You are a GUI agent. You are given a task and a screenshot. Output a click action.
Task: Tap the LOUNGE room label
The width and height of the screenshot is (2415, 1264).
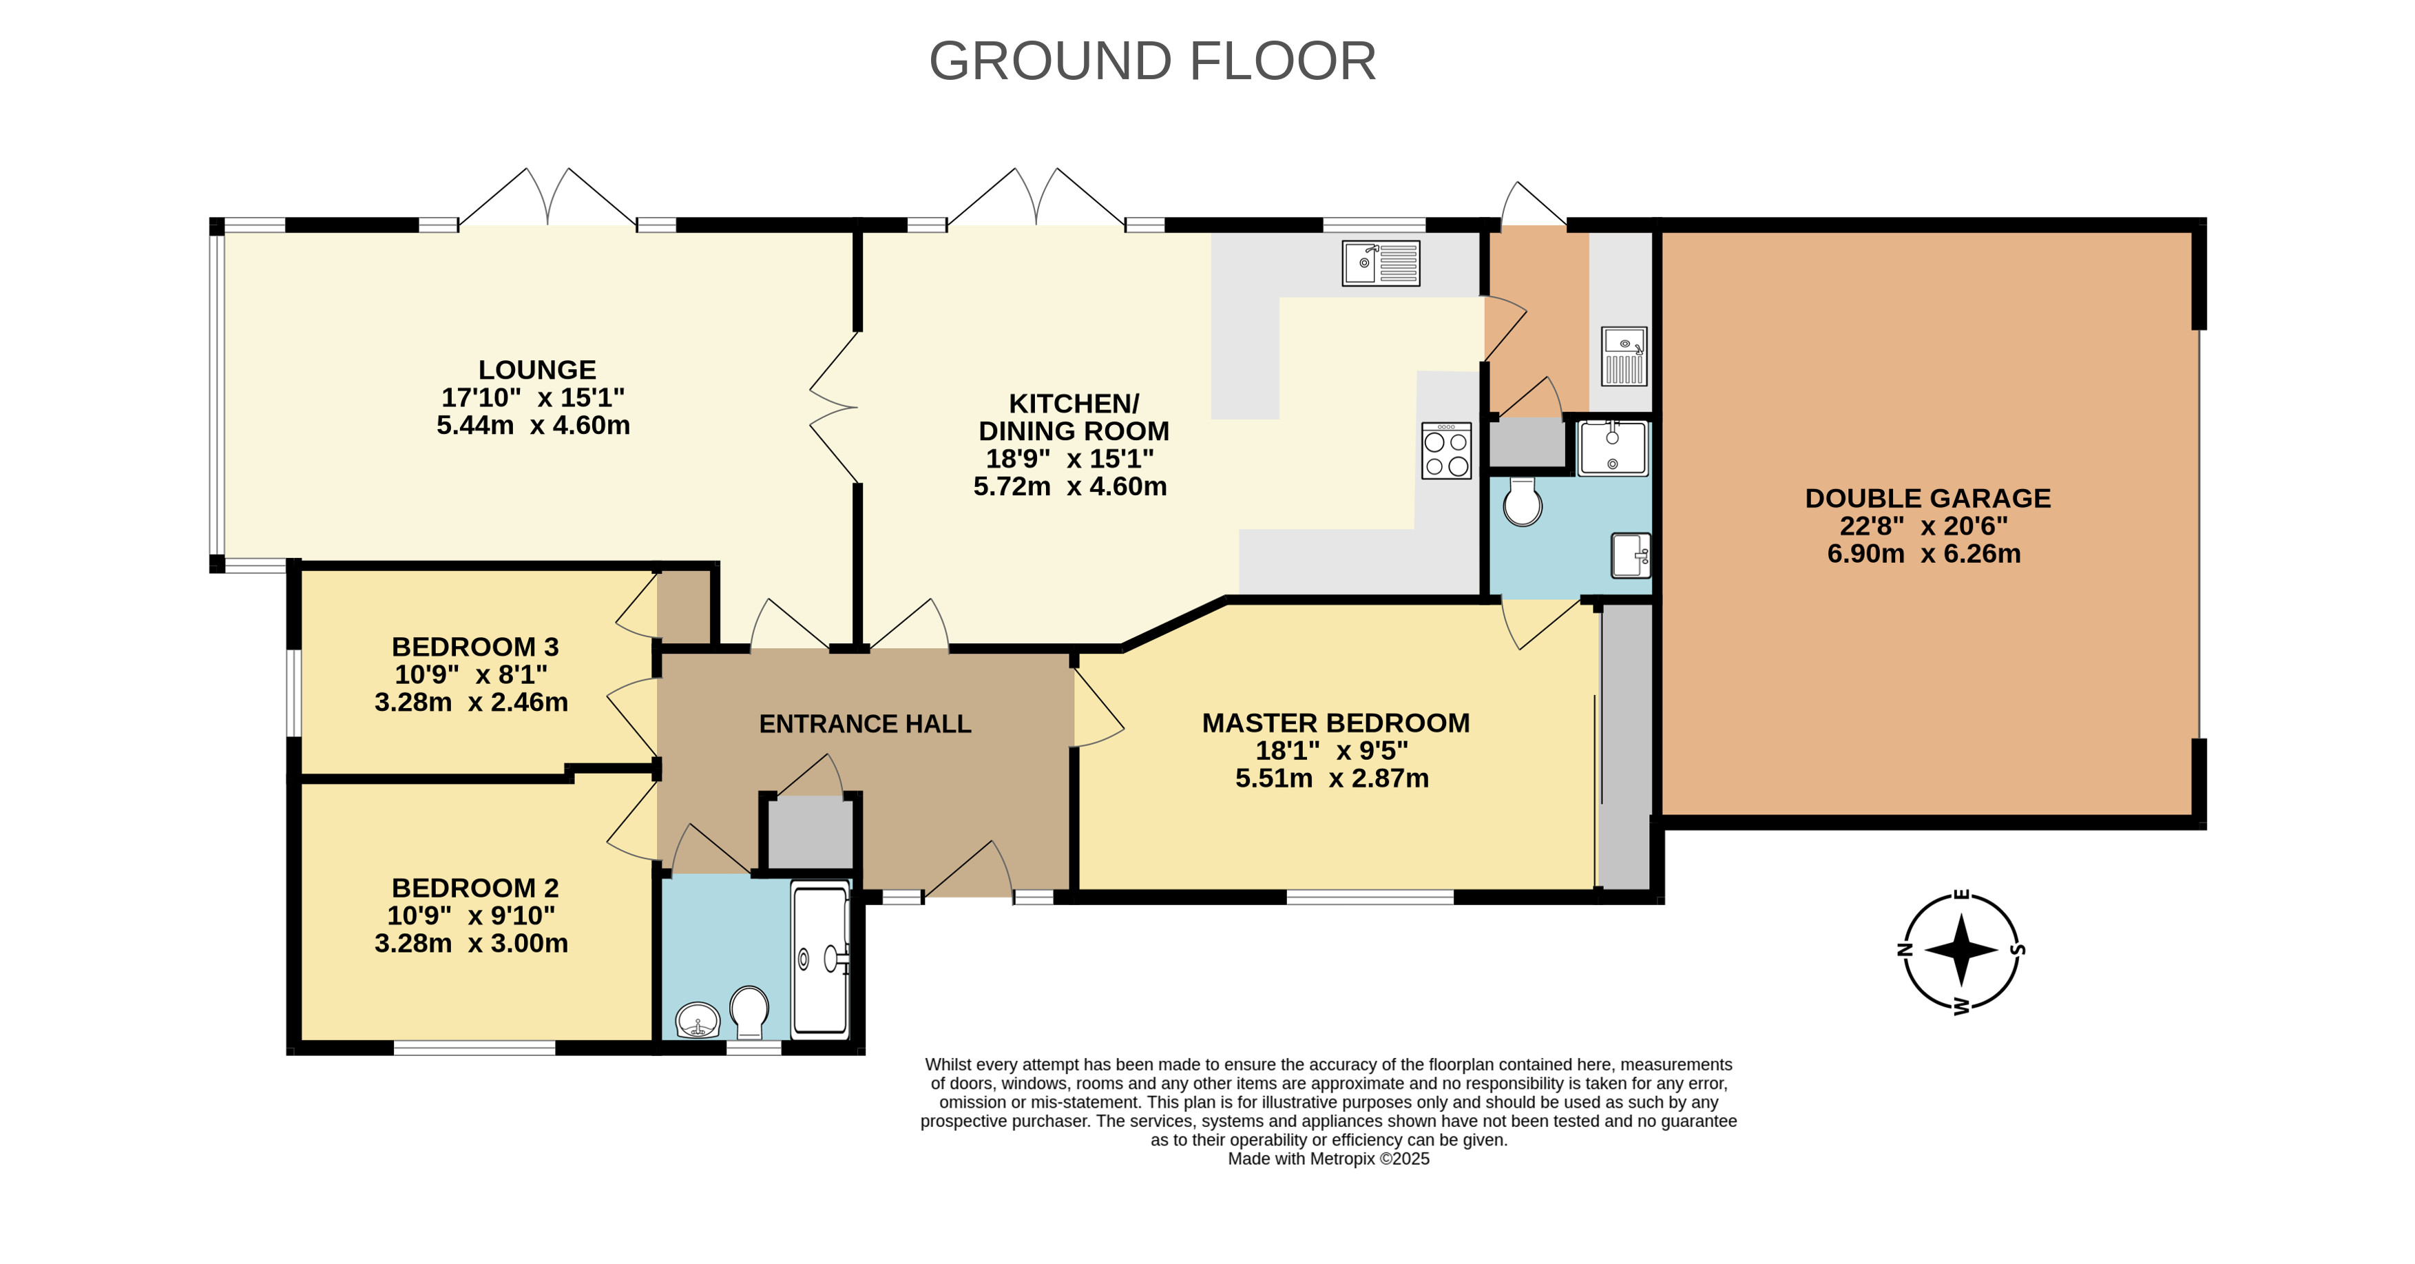pyautogui.click(x=537, y=371)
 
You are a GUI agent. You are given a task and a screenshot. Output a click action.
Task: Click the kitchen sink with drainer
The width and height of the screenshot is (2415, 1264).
pyautogui.click(x=1381, y=264)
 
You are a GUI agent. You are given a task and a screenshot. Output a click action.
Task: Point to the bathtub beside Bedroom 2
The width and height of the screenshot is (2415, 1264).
pyautogui.click(x=820, y=960)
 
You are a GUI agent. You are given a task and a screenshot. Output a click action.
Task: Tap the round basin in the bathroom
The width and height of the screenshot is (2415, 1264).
pyautogui.click(x=698, y=1020)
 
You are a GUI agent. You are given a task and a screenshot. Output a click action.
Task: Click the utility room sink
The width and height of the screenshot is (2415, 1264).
pyautogui.click(x=1624, y=356)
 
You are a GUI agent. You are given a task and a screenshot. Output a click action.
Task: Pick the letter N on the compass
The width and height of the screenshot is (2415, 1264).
pyautogui.click(x=1904, y=949)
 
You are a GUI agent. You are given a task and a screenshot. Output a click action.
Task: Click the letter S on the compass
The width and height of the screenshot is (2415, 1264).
pyautogui.click(x=2018, y=950)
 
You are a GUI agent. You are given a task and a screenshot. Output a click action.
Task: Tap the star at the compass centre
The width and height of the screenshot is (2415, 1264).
pyautogui.click(x=1961, y=950)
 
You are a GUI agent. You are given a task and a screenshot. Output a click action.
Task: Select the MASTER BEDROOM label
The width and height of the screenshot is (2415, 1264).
pyautogui.click(x=1336, y=723)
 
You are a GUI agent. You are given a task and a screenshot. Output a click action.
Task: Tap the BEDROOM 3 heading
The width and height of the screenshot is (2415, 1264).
pyautogui.click(x=475, y=647)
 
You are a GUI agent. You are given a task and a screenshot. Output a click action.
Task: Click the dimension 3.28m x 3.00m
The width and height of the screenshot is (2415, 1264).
pyautogui.click(x=472, y=943)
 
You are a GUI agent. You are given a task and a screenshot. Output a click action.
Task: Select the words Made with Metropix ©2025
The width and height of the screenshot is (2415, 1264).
pyautogui.click(x=1328, y=1159)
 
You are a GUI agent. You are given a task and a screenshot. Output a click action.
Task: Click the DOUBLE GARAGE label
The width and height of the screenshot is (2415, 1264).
pyautogui.click(x=1928, y=499)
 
